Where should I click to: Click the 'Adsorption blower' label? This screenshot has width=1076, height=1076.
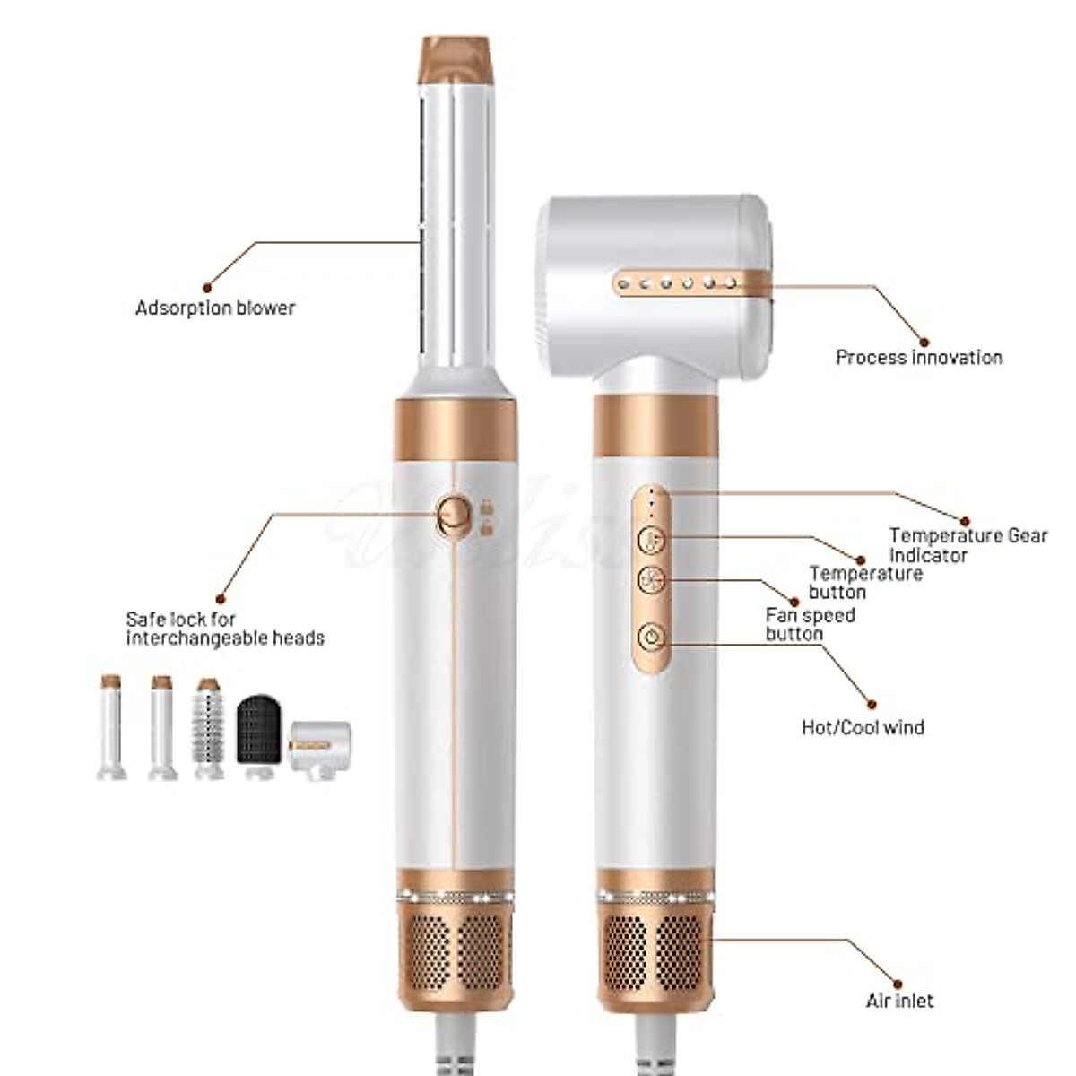[x=214, y=308]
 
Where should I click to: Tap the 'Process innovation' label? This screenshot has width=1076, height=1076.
[x=918, y=358]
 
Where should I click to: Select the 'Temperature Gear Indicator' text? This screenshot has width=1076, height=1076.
[x=968, y=545]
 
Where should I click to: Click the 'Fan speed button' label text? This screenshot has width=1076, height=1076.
[x=810, y=625]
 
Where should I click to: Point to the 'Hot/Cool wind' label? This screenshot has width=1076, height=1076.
[x=862, y=727]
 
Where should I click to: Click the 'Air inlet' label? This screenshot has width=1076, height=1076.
[x=898, y=1001]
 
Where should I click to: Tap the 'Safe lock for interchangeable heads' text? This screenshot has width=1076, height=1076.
[x=224, y=629]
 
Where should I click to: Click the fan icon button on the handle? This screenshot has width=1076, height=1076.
[x=652, y=581]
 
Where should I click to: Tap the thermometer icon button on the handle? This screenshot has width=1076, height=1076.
[x=652, y=541]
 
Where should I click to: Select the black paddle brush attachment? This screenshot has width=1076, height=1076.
[x=257, y=732]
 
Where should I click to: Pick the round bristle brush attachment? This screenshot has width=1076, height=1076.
[x=208, y=728]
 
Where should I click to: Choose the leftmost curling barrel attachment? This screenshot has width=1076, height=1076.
[x=111, y=727]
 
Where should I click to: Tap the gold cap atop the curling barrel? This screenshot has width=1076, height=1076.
[x=456, y=59]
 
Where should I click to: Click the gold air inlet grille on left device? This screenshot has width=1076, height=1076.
[x=456, y=951]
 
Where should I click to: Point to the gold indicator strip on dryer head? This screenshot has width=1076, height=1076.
[x=686, y=284]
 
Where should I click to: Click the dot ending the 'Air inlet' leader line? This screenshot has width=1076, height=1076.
[x=898, y=984]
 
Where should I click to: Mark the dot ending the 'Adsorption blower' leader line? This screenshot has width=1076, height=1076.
[x=207, y=288]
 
